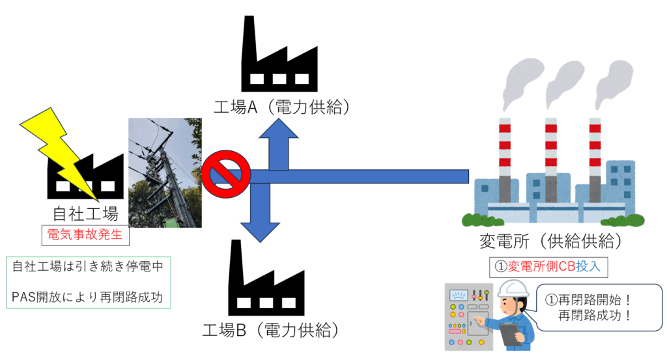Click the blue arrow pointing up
[x=279, y=146]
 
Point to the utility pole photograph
[x=165, y=173]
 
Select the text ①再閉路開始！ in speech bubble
[x=589, y=301]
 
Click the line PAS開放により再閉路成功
[x=87, y=298]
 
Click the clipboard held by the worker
[x=507, y=333]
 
